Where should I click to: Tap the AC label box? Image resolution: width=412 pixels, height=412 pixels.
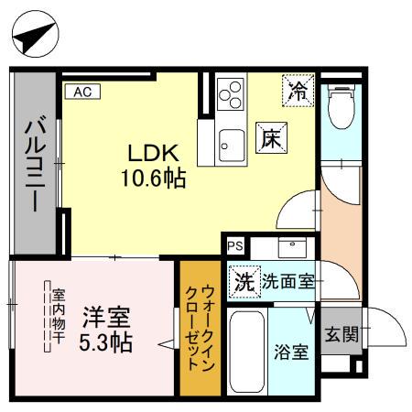[81, 91]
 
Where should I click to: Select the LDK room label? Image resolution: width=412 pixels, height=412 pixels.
[150, 153]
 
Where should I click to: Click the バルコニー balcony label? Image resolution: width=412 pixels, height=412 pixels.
[33, 164]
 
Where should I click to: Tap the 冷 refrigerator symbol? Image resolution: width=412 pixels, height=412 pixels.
[298, 90]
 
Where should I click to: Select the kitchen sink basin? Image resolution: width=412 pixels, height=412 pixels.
[231, 143]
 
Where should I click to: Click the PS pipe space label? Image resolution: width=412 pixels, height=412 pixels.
[235, 245]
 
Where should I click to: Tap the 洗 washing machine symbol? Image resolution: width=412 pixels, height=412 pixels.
[243, 281]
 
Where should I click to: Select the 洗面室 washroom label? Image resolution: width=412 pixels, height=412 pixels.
[288, 281]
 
